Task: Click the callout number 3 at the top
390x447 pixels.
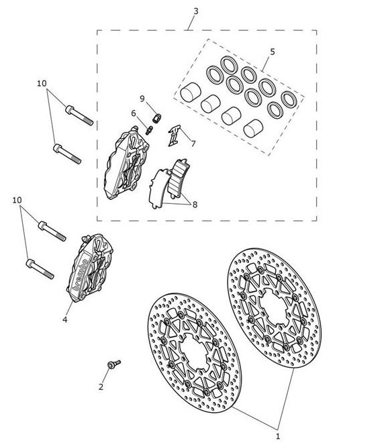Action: [x=195, y=11]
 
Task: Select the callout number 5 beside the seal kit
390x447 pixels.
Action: [x=273, y=52]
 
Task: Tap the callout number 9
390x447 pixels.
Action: [x=142, y=99]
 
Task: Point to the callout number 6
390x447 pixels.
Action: [x=134, y=113]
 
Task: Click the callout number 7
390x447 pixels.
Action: [x=193, y=144]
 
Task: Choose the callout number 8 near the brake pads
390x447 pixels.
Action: [x=195, y=205]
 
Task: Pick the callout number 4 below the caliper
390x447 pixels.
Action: [x=65, y=319]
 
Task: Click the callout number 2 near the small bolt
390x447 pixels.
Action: [x=101, y=387]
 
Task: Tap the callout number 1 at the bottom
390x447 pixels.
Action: [x=278, y=436]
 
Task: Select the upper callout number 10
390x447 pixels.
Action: [x=42, y=83]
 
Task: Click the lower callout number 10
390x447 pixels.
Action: [x=17, y=200]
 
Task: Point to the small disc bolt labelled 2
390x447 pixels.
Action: [x=114, y=364]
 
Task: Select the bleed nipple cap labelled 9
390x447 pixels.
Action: [x=157, y=118]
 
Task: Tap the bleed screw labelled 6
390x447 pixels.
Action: [x=150, y=130]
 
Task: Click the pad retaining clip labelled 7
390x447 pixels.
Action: [x=174, y=136]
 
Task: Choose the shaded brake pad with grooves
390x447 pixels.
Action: [x=178, y=179]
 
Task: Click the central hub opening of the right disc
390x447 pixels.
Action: [x=274, y=307]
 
